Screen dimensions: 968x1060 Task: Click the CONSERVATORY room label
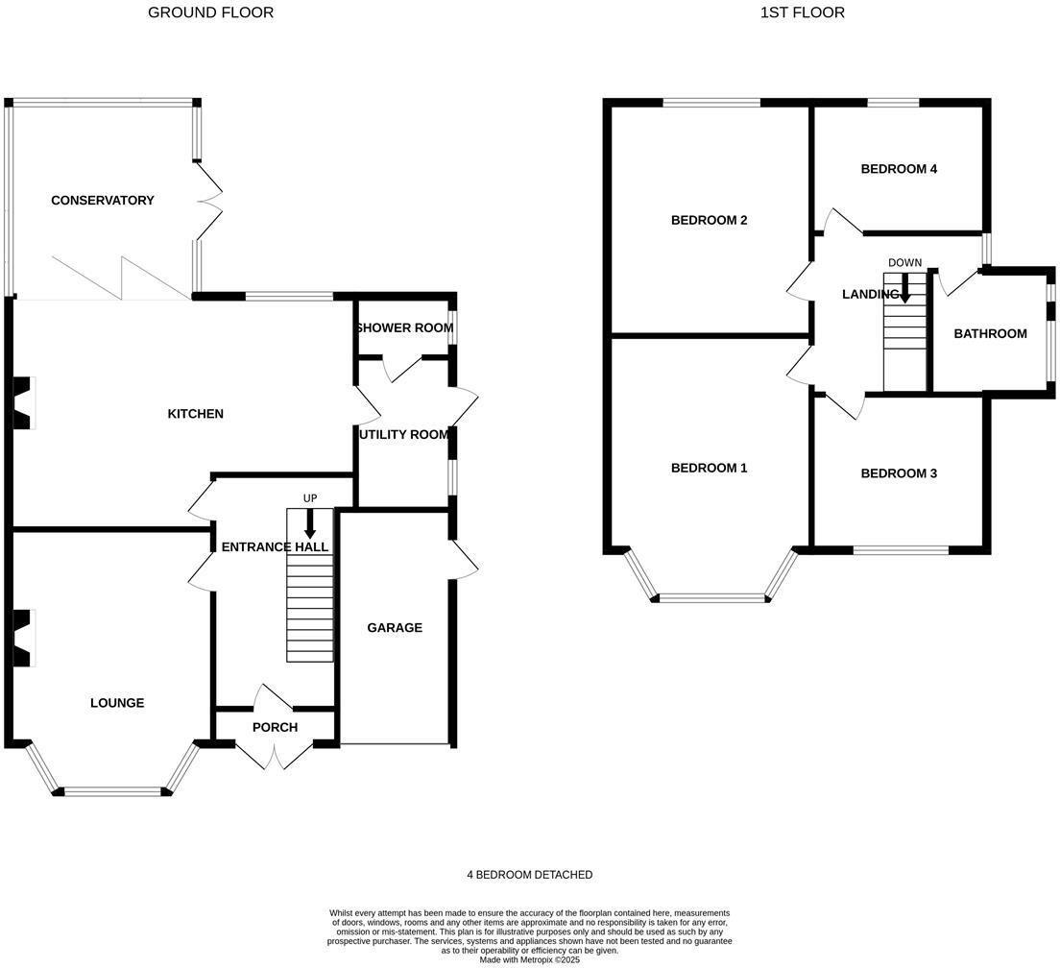point(102,201)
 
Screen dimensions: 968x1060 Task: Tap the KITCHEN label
point(195,414)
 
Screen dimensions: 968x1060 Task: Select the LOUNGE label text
point(117,703)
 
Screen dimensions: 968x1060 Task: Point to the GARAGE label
point(394,628)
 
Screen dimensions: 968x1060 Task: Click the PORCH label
point(275,728)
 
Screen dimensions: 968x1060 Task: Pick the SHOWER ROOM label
point(403,328)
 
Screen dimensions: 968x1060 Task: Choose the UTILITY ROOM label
point(403,435)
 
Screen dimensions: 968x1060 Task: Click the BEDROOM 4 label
point(898,169)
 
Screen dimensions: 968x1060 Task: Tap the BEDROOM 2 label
point(709,220)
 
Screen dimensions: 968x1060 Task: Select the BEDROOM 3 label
point(898,473)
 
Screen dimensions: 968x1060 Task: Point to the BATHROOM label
point(990,334)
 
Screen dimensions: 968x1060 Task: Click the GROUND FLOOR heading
point(210,12)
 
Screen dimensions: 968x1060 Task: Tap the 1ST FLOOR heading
point(802,12)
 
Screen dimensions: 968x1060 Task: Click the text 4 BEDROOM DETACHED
point(529,875)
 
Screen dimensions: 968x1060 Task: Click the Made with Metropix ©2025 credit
point(529,959)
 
